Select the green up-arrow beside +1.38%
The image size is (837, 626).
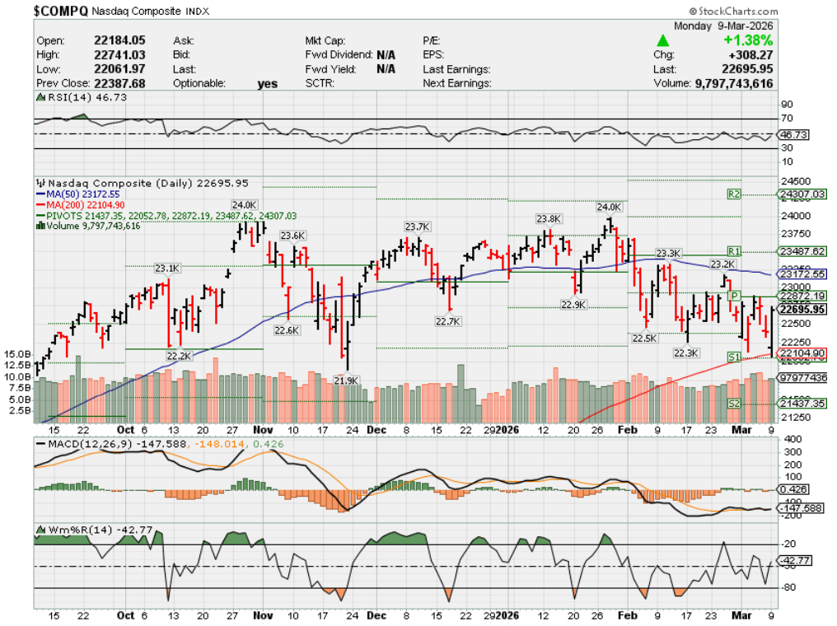pyautogui.click(x=662, y=40)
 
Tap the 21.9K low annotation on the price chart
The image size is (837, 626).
pyautogui.click(x=346, y=381)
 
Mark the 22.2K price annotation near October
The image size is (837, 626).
pyautogui.click(x=179, y=356)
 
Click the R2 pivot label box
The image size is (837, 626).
pyautogui.click(x=735, y=194)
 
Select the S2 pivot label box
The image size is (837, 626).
pyautogui.click(x=735, y=403)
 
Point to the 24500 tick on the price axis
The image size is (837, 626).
pyautogui.click(x=793, y=181)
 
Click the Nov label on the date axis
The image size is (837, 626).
pyautogui.click(x=263, y=429)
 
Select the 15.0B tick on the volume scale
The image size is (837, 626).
pyautogui.click(x=18, y=353)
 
